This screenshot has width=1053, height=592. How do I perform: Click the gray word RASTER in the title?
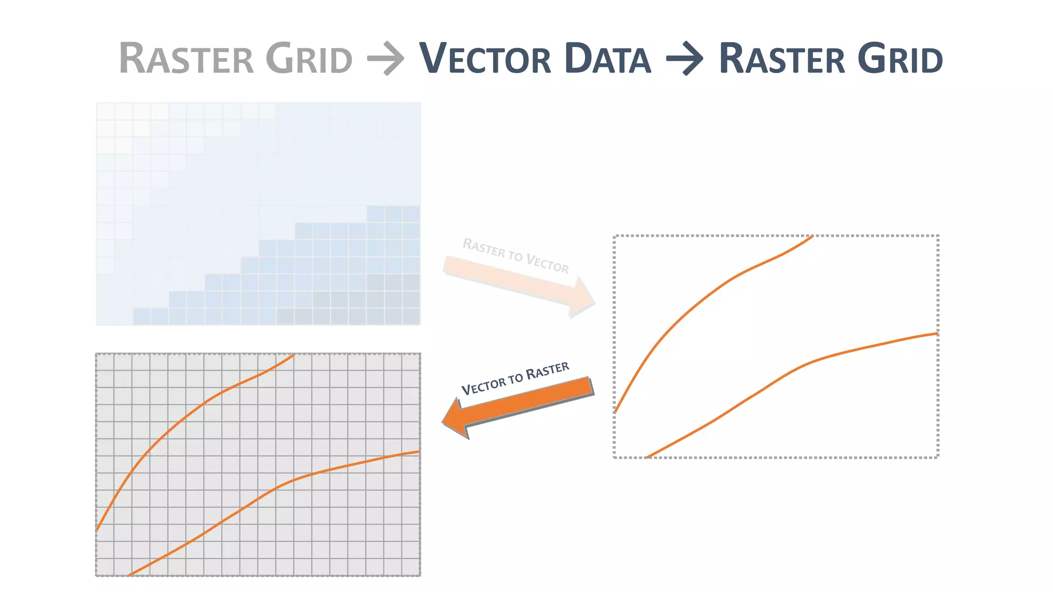click(186, 59)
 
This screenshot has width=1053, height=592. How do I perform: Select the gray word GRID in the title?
click(309, 59)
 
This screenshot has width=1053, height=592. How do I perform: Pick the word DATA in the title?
click(607, 59)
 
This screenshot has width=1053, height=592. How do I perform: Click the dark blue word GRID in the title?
click(900, 59)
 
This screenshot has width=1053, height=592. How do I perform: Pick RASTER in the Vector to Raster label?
click(548, 369)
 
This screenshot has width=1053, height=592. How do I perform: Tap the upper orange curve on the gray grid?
click(206, 401)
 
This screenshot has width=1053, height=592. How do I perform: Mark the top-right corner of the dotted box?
click(938, 236)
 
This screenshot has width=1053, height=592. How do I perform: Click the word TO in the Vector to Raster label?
click(516, 379)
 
